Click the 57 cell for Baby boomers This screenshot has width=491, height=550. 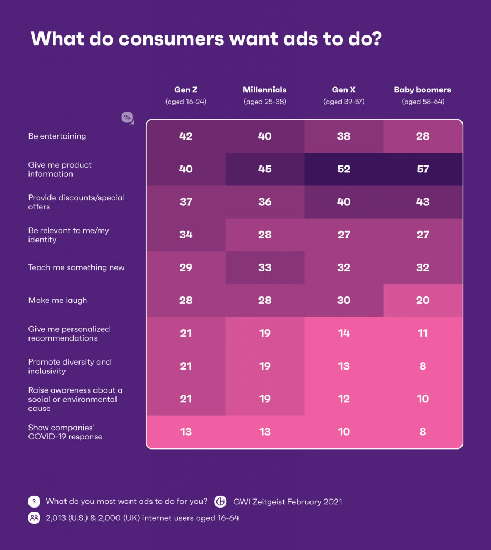pos(423,169)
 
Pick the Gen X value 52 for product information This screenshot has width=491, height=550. pos(344,169)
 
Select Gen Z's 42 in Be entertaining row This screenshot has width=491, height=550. pos(186,136)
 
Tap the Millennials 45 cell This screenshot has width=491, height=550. pos(265,169)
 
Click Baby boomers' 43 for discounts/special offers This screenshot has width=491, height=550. pos(423,202)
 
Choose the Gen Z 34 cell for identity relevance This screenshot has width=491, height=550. pos(186,235)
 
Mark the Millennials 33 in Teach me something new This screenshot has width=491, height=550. pos(265,267)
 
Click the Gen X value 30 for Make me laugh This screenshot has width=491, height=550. pos(344,300)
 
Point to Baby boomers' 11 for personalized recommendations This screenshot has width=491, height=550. pos(423,334)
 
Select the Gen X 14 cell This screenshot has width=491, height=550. pos(344,334)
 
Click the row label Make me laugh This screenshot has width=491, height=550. pos(57,300)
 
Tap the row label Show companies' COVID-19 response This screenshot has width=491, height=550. pos(65,432)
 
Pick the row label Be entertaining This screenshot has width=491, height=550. pos(57,136)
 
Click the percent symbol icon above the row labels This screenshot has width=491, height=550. pos(127,118)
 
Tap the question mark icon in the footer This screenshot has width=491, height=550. pos(34,502)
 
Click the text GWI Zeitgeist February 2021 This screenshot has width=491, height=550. pos(287,502)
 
